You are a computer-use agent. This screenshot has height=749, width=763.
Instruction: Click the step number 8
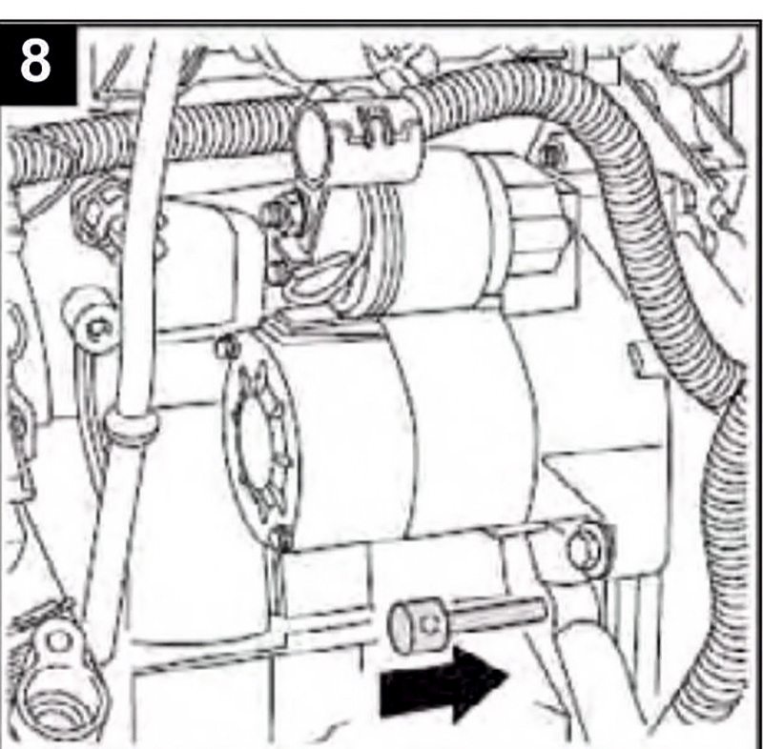(x=35, y=61)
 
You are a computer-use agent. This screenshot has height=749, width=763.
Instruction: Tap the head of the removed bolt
(x=417, y=624)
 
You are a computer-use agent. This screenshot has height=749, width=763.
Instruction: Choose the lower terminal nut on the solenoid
(x=278, y=273)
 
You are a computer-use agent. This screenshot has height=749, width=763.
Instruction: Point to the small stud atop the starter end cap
(x=227, y=346)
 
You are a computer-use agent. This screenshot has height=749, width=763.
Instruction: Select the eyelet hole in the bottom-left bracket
(x=59, y=640)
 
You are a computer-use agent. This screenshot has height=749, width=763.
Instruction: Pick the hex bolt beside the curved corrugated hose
(x=549, y=155)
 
